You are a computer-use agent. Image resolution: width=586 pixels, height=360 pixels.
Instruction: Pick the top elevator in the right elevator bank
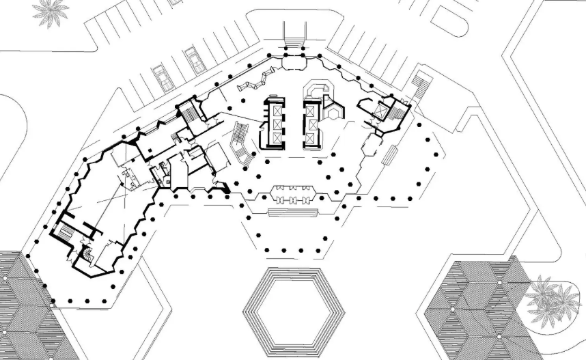[x=312, y=109]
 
